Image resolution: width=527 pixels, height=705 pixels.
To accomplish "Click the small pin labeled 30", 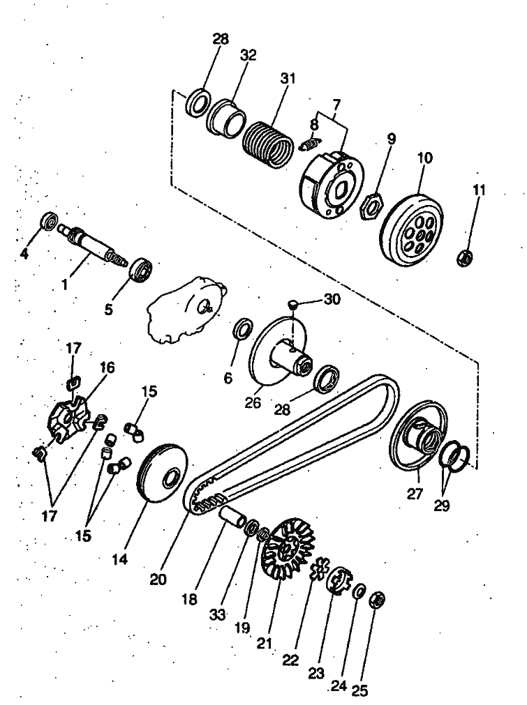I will (x=294, y=303).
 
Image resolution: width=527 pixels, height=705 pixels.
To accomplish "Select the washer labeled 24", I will (x=358, y=591).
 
